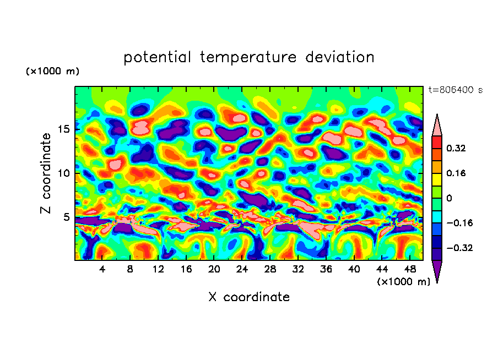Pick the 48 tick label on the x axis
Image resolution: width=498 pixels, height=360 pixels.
point(409,269)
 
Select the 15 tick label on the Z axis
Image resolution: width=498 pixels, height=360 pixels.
point(64,130)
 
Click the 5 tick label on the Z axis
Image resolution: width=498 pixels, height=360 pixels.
point(67,217)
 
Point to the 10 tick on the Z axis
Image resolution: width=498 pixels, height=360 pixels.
point(75,173)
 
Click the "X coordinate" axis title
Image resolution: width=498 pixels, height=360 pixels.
point(249,297)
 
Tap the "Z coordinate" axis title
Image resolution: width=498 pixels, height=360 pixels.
point(46,173)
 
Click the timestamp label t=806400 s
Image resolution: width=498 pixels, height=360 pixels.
point(455,90)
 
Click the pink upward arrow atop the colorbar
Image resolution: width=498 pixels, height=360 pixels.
point(437,126)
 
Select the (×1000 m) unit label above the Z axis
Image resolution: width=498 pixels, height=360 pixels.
point(52,72)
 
